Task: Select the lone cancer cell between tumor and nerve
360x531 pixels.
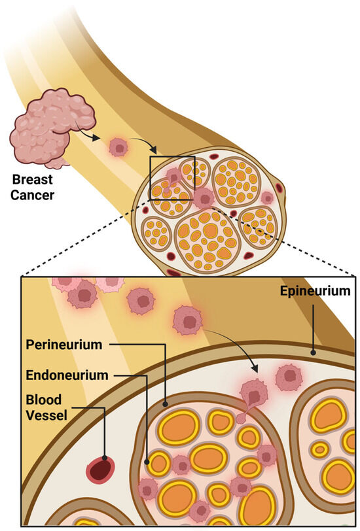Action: click(x=118, y=147)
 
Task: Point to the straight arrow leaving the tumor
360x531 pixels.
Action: click(x=92, y=137)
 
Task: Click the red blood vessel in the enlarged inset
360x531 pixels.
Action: click(x=101, y=468)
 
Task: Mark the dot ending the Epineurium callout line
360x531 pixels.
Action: click(x=314, y=352)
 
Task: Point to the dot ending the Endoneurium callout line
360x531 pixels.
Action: click(x=150, y=462)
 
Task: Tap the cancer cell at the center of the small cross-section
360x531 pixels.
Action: click(x=204, y=196)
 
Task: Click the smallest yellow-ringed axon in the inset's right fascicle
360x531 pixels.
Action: click(x=320, y=449)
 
